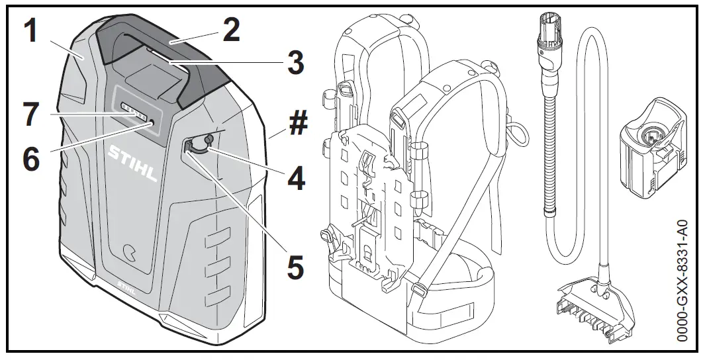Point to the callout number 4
click(295, 177)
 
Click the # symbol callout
click(297, 124)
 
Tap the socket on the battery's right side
click(197, 146)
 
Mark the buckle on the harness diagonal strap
click(418, 289)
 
